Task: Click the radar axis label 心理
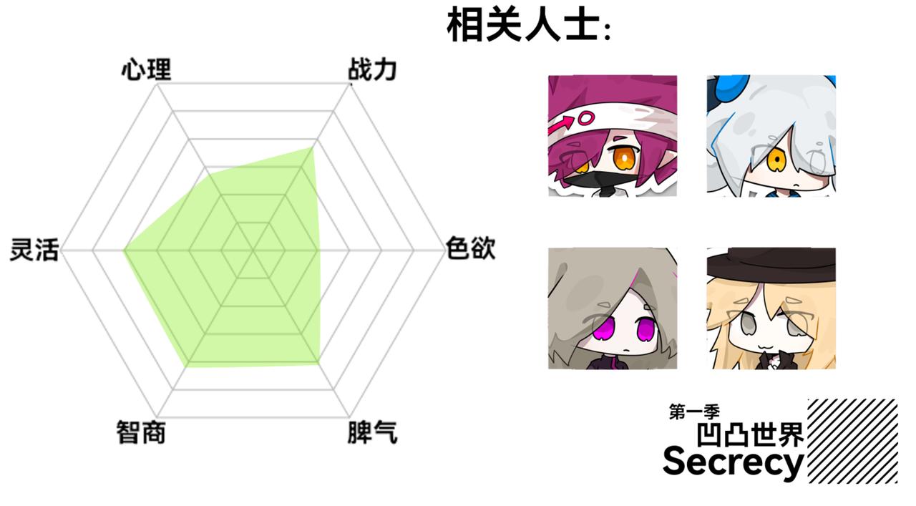pos(146,70)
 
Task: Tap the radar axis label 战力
pos(371,70)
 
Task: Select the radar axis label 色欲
pos(470,249)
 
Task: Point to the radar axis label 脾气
pos(372,432)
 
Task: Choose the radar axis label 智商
pos(141,432)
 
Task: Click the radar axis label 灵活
pos(34,250)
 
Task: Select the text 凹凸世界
pos(751,434)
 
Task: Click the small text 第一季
pos(693,412)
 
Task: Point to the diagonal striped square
pos(852,440)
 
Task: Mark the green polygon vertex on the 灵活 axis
pos(124,250)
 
